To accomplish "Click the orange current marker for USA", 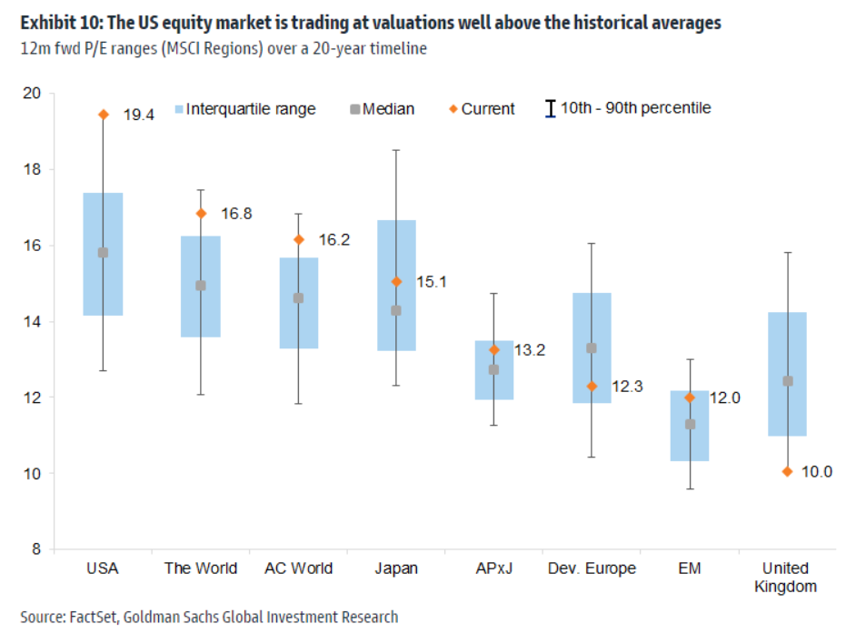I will [x=103, y=115].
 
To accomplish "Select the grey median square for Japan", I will [x=395, y=311].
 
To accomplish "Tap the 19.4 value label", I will [x=138, y=115].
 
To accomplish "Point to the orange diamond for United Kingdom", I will [x=787, y=471].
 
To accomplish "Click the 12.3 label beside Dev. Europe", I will [x=628, y=387].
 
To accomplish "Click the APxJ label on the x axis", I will [x=493, y=569].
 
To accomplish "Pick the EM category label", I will [x=690, y=569].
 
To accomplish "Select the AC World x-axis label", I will [x=298, y=569].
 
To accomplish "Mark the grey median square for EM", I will [x=690, y=424].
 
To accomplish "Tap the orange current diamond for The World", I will [x=201, y=214].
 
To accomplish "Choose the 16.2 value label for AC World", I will [x=334, y=240].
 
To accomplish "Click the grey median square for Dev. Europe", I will [x=592, y=348].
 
